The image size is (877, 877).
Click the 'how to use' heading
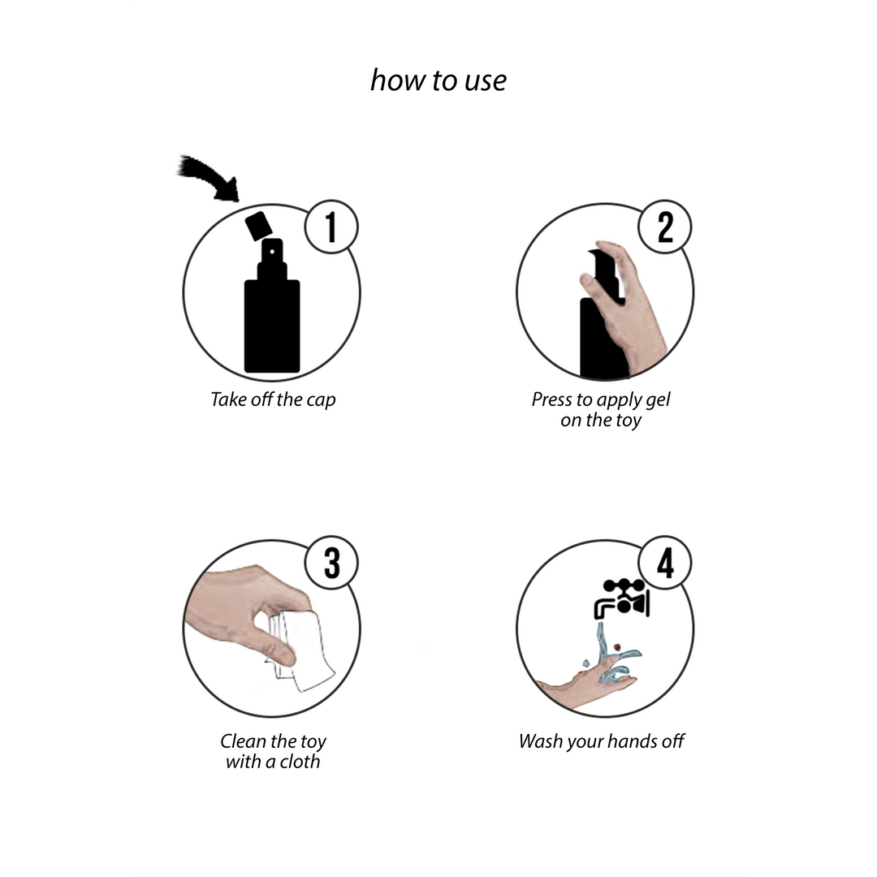438,80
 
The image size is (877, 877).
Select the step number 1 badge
331,227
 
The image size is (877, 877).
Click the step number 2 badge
665,227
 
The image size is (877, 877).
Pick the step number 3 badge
331,563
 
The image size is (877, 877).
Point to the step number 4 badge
665,563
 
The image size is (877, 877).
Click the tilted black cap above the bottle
258,226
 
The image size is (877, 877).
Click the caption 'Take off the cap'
273,400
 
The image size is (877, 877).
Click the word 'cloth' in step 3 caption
300,761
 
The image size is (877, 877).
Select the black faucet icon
621,598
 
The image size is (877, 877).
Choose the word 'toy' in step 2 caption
629,421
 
